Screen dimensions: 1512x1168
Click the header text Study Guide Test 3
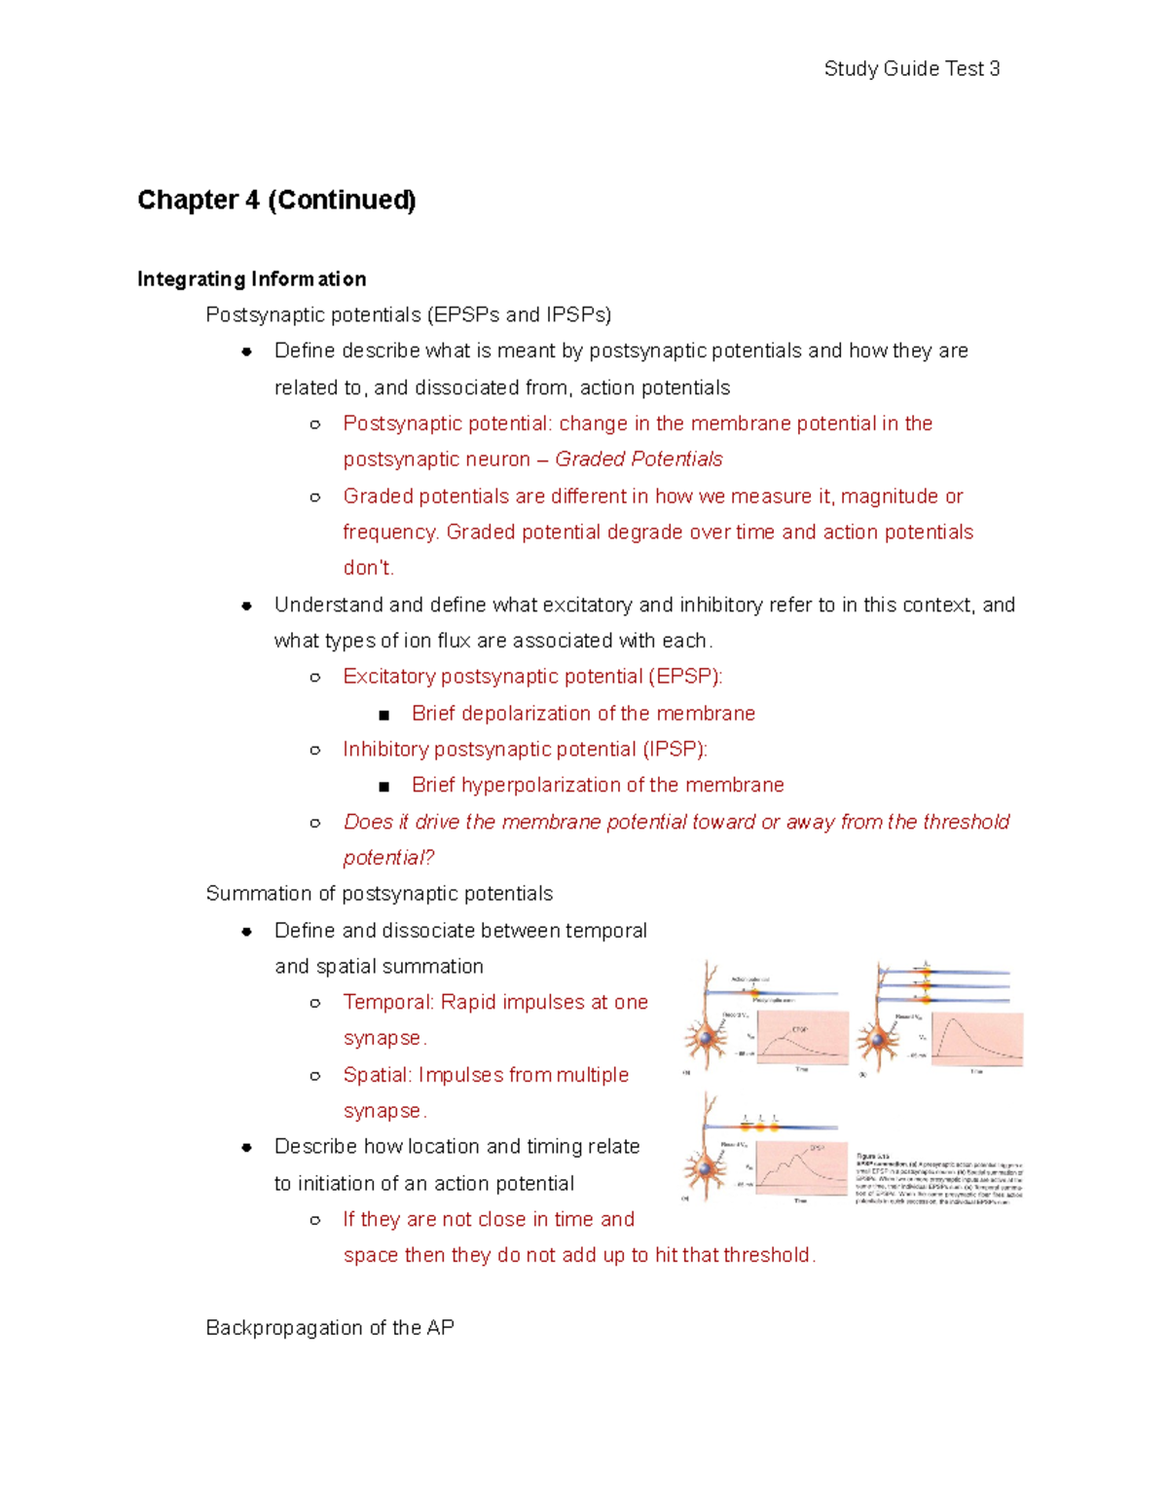(x=911, y=69)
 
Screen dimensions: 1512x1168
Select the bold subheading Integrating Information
(x=251, y=279)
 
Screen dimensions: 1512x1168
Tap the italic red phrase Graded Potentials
(x=639, y=460)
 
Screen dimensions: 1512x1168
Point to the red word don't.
(x=368, y=569)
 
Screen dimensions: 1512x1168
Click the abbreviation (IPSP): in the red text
(x=675, y=750)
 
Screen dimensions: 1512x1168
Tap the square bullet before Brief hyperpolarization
(x=384, y=787)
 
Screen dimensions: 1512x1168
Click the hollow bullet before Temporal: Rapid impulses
(x=315, y=1003)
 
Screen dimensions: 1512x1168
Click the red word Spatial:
(x=378, y=1076)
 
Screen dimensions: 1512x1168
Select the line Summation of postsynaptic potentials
(x=379, y=894)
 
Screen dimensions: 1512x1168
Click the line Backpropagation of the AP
(x=330, y=1328)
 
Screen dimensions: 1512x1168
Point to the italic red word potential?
(x=388, y=858)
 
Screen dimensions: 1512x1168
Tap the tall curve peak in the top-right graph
(x=956, y=1020)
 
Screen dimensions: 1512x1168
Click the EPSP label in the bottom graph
(x=817, y=1149)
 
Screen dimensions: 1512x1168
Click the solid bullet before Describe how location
(x=247, y=1148)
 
